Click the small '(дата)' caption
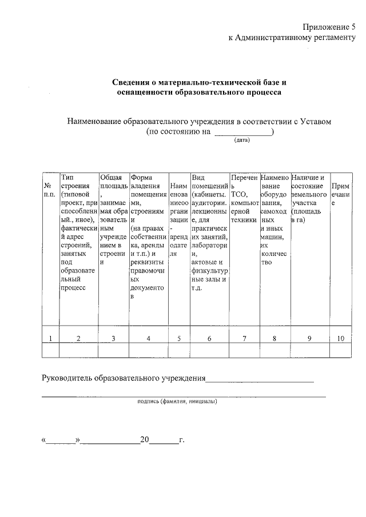[242, 139]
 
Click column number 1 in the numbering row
[50, 339]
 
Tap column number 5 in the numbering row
[179, 339]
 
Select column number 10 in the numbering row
[340, 339]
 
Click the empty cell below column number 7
[244, 350]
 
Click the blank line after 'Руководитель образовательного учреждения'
[260, 379]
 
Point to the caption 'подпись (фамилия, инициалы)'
[178, 402]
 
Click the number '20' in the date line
[145, 440]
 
